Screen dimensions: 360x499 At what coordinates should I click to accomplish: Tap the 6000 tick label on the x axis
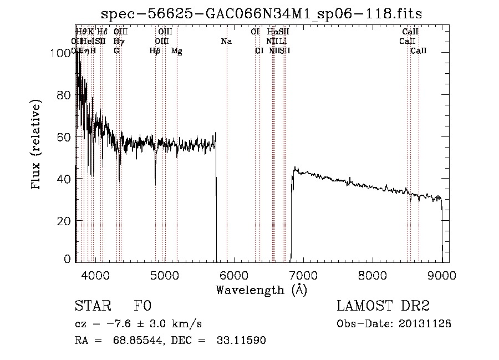[x=234, y=275]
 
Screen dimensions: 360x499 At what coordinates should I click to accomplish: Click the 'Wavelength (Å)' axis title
[x=261, y=290]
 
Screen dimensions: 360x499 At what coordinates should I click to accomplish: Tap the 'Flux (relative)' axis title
[x=37, y=145]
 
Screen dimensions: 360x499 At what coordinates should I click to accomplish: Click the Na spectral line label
[x=226, y=42]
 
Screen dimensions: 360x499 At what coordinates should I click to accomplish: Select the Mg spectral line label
[x=177, y=51]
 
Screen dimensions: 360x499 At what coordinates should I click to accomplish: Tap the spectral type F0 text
[x=142, y=307]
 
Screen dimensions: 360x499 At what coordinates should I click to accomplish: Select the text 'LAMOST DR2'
[x=383, y=307]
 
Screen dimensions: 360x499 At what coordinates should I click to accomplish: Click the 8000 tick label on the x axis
[x=373, y=275]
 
